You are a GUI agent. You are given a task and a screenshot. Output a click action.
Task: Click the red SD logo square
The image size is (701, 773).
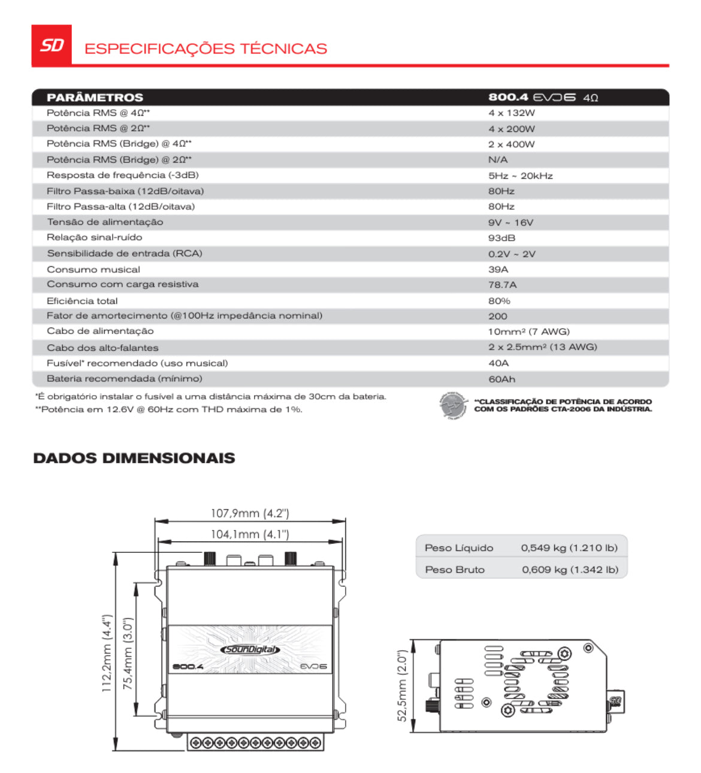[52, 45]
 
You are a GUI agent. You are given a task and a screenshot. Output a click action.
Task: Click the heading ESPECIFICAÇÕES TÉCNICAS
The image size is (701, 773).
[206, 49]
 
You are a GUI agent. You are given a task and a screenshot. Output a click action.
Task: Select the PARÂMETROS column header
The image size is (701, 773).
[95, 98]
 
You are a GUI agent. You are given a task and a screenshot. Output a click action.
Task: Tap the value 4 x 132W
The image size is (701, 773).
[511, 113]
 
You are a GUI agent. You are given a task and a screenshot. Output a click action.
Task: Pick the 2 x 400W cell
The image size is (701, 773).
[511, 145]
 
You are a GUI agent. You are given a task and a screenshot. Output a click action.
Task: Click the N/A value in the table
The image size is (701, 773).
[497, 160]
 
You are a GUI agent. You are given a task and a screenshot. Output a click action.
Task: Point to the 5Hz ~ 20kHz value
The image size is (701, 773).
[520, 176]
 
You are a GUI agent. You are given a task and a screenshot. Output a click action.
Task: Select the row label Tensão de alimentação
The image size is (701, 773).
[105, 222]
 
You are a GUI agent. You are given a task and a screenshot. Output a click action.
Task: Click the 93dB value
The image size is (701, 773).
[501, 238]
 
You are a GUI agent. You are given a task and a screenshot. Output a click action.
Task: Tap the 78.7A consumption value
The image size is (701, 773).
[502, 285]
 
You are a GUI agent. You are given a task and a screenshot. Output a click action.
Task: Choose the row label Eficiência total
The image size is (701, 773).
[82, 301]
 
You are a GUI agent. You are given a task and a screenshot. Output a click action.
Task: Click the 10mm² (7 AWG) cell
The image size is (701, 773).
[528, 332]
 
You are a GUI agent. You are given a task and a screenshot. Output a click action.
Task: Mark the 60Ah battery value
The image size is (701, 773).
[501, 379]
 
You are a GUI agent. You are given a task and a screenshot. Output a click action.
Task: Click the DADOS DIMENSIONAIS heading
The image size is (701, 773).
[134, 458]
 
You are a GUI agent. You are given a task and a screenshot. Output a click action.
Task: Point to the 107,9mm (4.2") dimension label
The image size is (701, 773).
[250, 513]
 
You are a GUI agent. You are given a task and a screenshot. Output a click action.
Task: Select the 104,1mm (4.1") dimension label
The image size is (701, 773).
[250, 534]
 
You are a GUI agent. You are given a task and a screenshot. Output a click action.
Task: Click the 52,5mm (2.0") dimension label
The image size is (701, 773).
[402, 685]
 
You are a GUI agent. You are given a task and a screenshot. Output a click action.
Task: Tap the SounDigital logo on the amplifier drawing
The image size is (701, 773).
[250, 649]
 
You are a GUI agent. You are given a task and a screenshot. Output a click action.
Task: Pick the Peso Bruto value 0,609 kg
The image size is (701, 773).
[570, 570]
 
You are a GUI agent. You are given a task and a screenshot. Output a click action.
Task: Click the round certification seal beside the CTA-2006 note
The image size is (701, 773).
[452, 405]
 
